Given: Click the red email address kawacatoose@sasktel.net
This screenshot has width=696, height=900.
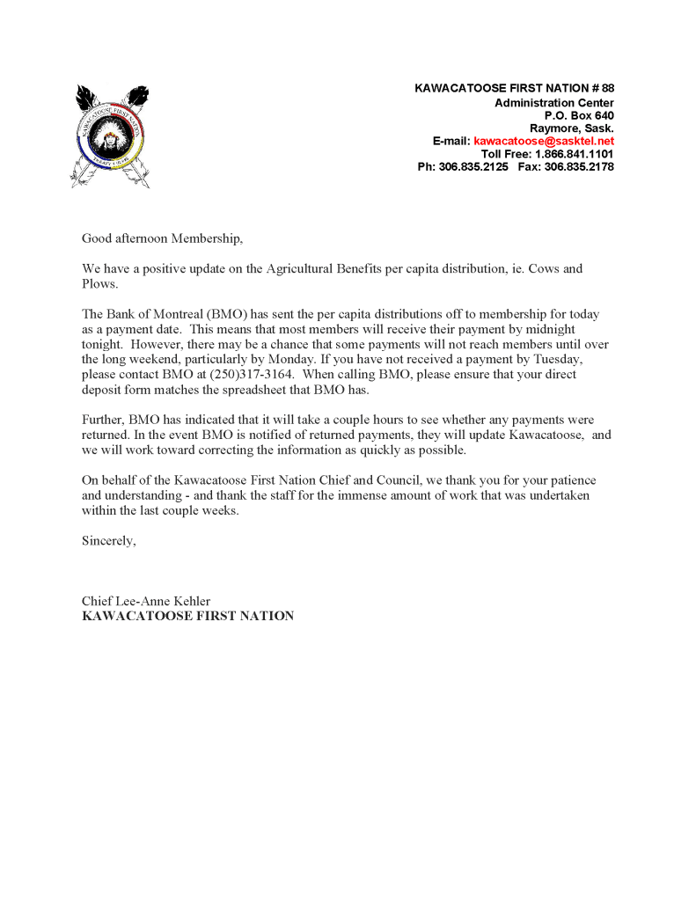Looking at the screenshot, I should tap(544, 141).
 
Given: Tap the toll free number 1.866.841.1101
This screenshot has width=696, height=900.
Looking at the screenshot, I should tap(574, 154).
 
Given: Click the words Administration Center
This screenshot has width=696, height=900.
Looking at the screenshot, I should tap(553, 103).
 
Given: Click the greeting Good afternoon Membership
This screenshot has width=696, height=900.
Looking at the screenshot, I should tap(161, 238).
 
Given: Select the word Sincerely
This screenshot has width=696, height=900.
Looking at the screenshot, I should tap(109, 541).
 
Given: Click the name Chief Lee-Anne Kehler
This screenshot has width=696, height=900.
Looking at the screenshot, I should tap(146, 602).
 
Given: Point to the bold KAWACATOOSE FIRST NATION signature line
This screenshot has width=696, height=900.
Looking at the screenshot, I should tap(187, 617).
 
